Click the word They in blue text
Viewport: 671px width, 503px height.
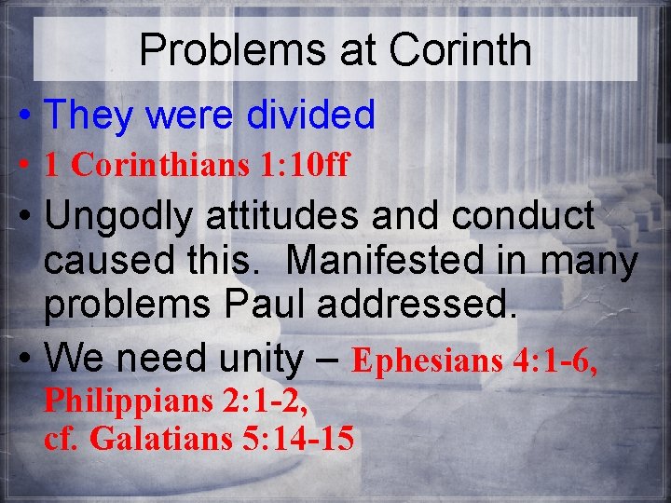(89, 116)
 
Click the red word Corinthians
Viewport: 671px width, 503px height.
(160, 166)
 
